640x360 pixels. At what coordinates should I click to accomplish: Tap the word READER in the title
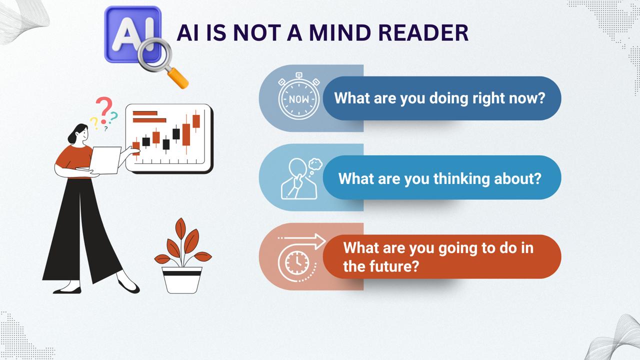coord(423,33)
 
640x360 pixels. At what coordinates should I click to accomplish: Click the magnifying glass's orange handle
coord(177,78)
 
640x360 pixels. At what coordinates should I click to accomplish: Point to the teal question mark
coord(113,117)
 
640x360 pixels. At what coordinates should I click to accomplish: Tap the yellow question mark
coord(94,123)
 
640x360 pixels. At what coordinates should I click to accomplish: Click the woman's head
coord(78,133)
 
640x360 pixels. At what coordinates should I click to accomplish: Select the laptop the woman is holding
coord(105,160)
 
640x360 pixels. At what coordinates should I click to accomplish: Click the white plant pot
coord(181,280)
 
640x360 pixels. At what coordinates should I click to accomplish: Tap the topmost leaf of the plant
coord(180,228)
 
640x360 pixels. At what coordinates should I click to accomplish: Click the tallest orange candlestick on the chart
coord(186,134)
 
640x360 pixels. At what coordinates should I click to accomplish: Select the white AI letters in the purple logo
coord(133,35)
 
